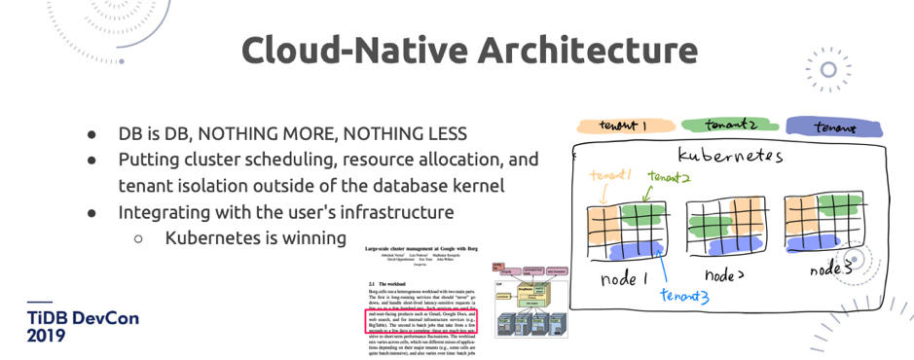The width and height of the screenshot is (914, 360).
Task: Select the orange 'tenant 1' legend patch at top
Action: pos(622,126)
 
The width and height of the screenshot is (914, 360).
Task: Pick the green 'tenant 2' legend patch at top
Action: pos(729,126)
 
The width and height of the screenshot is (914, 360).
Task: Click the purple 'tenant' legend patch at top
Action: pos(836,126)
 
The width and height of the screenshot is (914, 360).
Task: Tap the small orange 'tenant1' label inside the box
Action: pos(610,175)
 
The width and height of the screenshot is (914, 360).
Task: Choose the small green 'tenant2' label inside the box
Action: pos(671,177)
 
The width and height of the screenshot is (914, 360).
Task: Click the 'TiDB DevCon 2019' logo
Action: pos(68,325)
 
